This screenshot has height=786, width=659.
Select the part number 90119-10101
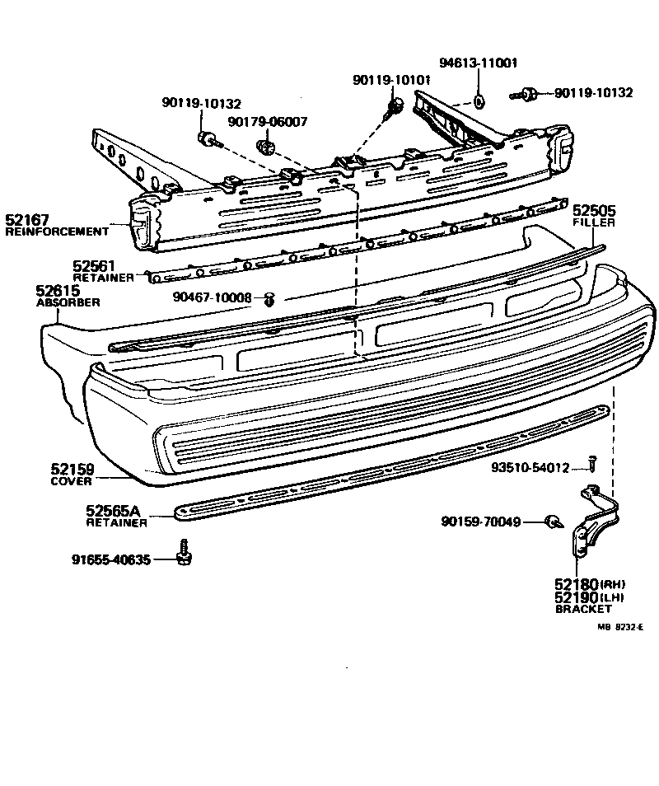click(x=391, y=80)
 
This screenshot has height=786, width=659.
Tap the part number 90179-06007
click(x=268, y=122)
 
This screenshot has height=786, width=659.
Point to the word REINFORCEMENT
click(x=57, y=232)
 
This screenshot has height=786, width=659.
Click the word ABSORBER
click(x=68, y=302)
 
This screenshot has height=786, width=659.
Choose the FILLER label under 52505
click(x=594, y=222)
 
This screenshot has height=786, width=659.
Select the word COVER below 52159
click(x=72, y=480)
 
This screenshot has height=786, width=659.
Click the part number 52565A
click(x=117, y=510)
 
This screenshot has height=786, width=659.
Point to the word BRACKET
click(x=583, y=610)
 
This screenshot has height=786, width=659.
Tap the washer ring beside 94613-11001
click(x=479, y=102)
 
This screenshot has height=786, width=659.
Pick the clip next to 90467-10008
click(x=269, y=299)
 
